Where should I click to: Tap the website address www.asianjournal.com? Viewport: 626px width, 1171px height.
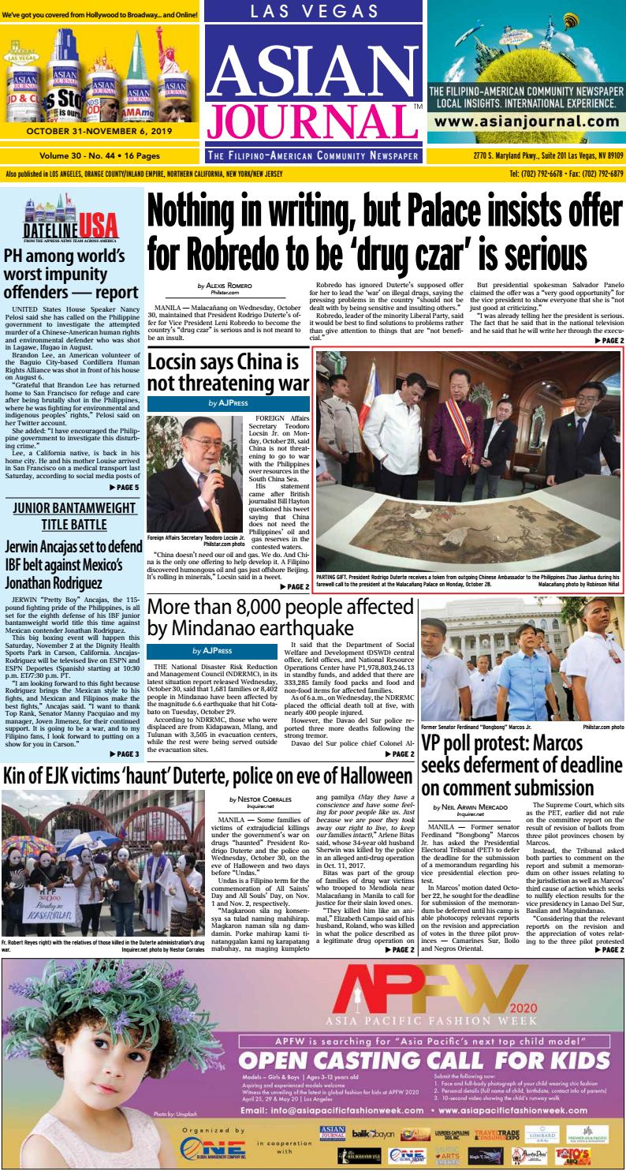524,122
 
